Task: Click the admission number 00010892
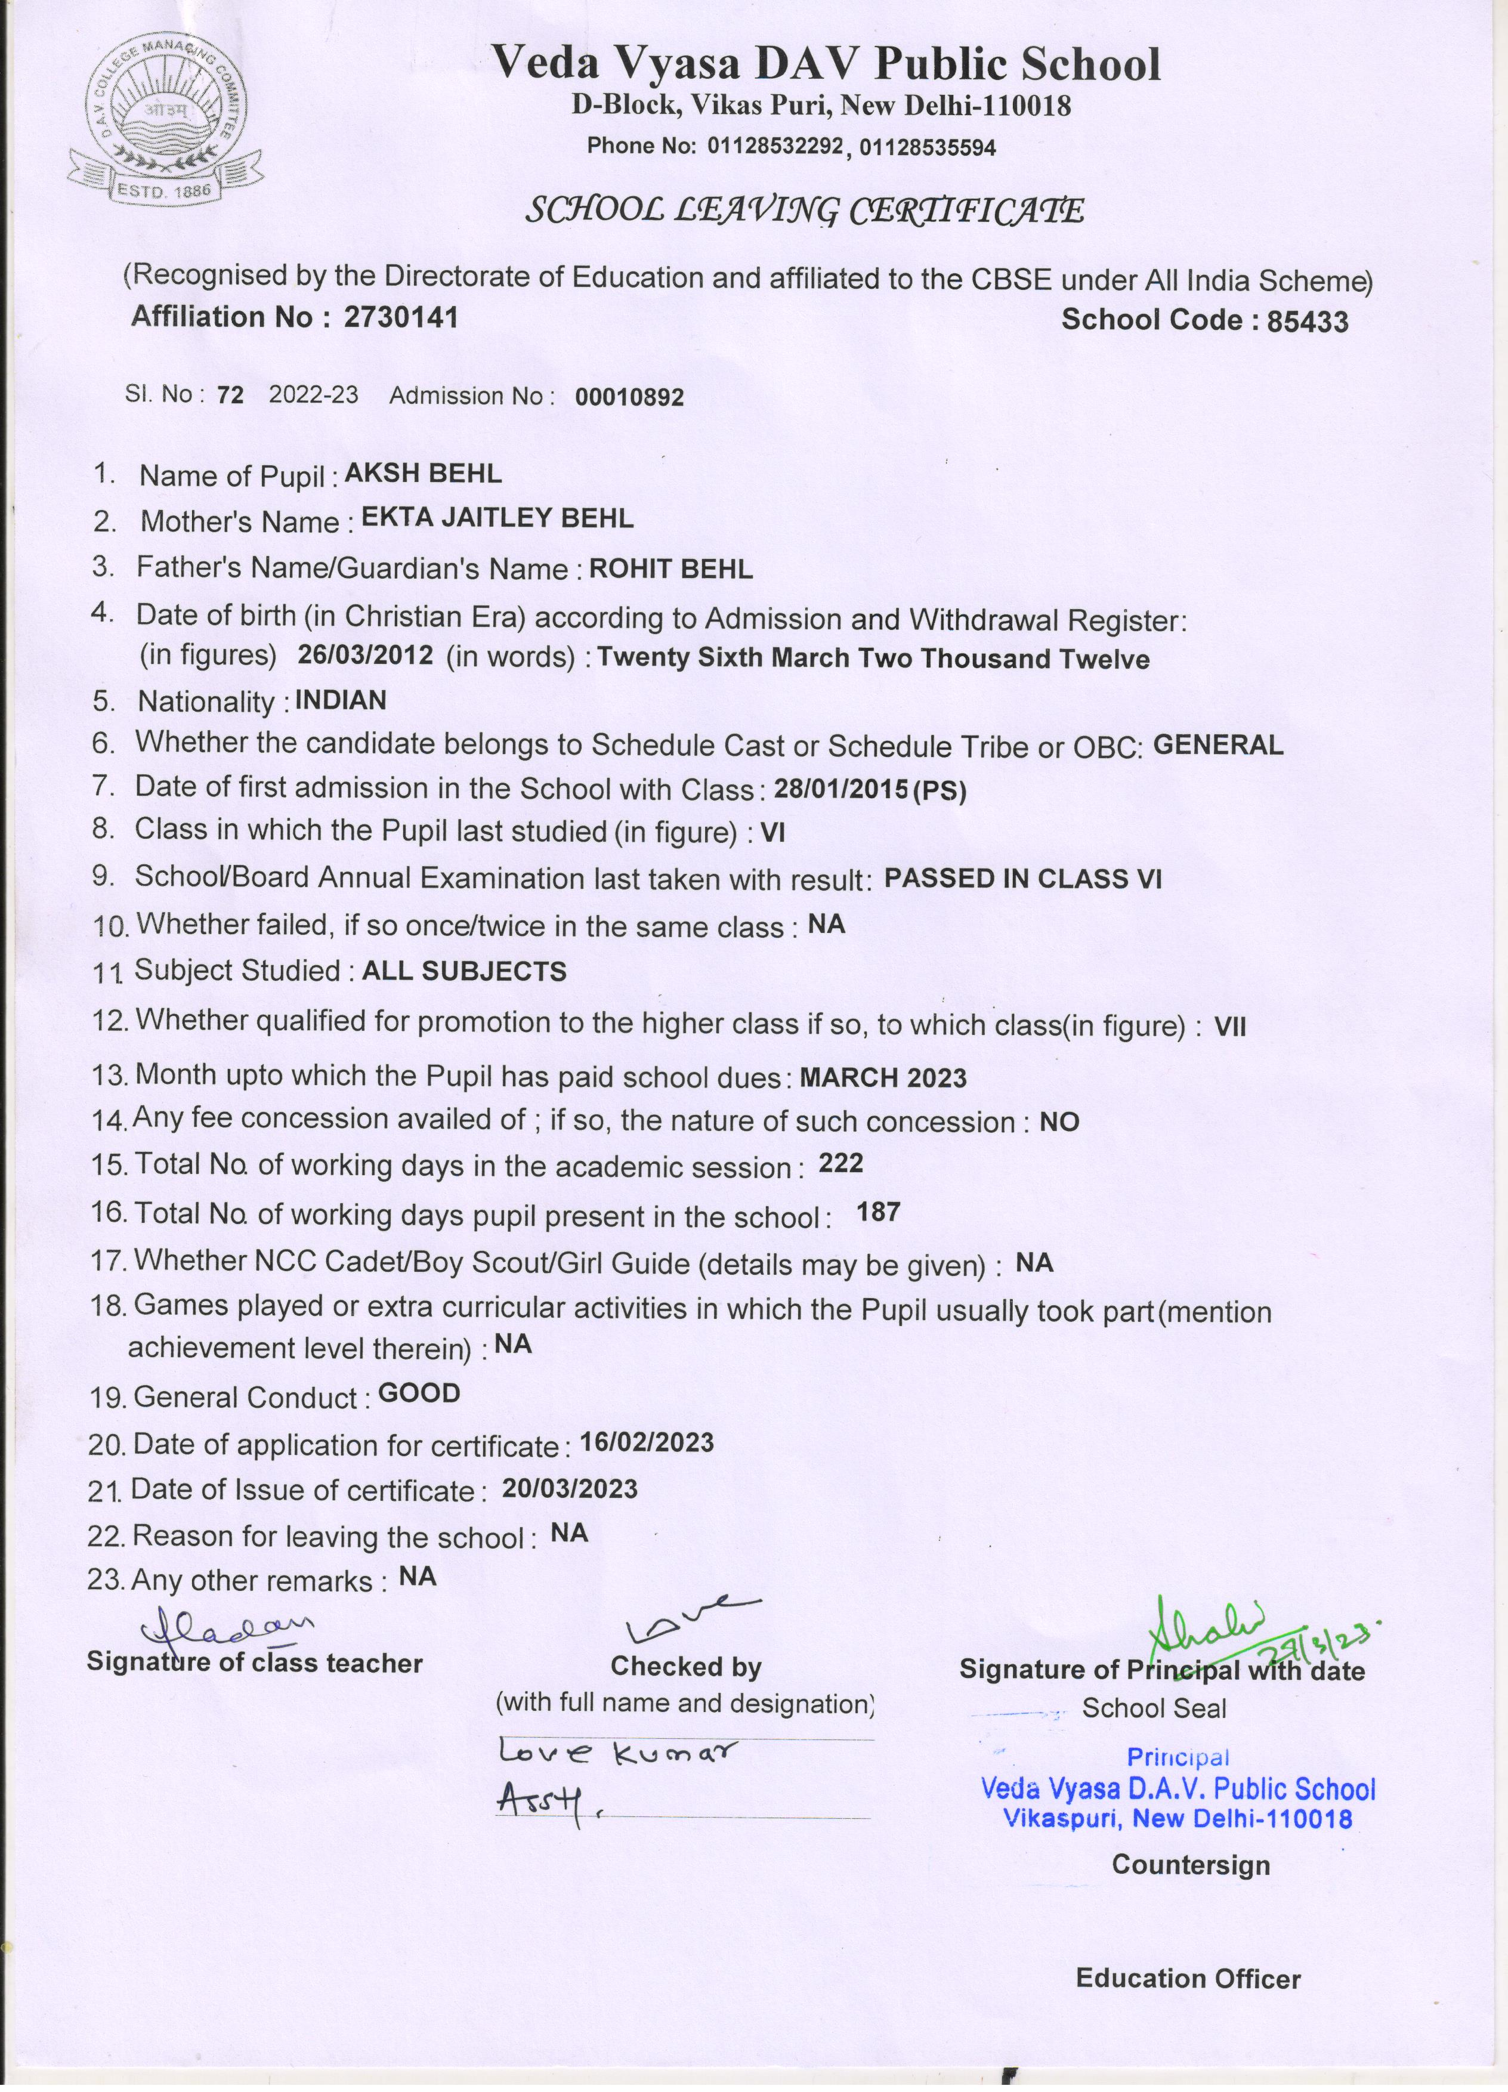(x=629, y=397)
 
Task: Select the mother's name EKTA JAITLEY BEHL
(x=497, y=518)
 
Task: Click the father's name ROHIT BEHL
(x=670, y=569)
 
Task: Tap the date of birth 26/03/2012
(x=365, y=655)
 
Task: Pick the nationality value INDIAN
(x=341, y=700)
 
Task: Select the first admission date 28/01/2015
(x=841, y=789)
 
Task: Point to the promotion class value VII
(x=1229, y=1027)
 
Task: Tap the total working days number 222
(x=840, y=1163)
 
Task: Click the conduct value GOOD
(x=419, y=1393)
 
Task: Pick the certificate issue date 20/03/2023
(x=569, y=1489)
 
